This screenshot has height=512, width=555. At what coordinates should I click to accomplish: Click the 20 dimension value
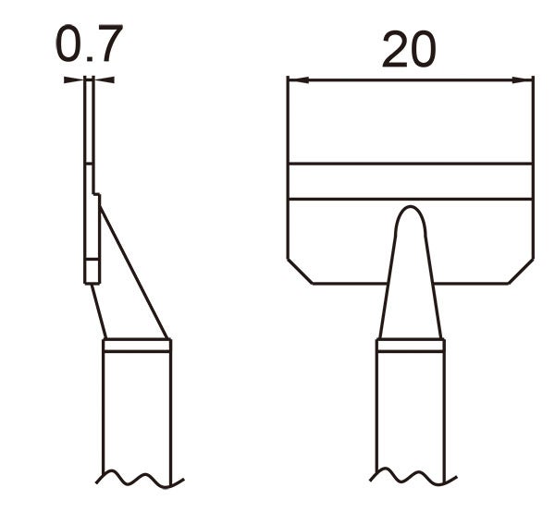click(x=408, y=51)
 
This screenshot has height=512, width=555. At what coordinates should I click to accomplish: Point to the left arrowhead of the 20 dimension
click(x=294, y=80)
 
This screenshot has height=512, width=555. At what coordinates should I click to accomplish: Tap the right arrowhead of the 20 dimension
click(x=528, y=80)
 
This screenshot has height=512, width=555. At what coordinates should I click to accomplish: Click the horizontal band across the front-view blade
click(x=411, y=181)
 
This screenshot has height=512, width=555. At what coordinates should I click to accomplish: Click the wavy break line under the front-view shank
click(x=411, y=477)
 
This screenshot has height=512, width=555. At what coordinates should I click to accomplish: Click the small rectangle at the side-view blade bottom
click(x=92, y=271)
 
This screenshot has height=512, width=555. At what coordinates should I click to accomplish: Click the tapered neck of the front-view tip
click(x=411, y=286)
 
